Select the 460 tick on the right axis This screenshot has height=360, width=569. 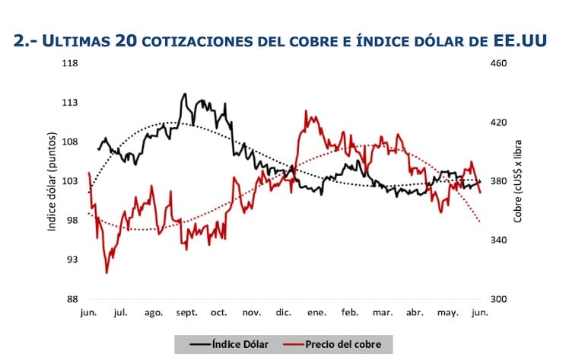coord(498,63)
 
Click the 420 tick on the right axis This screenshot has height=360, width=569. coord(498,122)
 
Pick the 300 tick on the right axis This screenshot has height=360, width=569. coord(498,299)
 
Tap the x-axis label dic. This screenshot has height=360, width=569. coord(283,313)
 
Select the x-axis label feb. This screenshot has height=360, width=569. coord(349,313)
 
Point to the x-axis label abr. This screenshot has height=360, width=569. coord(415,313)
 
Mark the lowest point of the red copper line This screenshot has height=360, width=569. coord(106,272)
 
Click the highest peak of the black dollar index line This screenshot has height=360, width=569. coord(185,94)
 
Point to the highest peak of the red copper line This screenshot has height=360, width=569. coord(306,111)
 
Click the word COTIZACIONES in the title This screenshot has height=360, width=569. coord(205,42)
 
